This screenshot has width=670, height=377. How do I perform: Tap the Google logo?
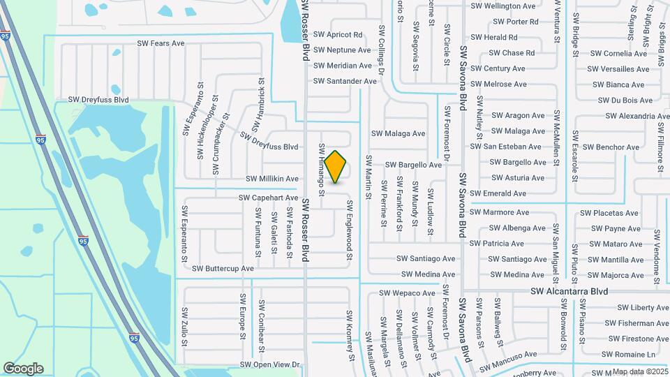[23, 369]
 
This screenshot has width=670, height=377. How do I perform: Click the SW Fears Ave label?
[161, 43]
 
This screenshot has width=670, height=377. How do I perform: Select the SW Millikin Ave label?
[271, 179]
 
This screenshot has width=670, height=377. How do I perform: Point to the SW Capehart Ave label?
[268, 198]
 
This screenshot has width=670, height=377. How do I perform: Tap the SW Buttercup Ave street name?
[223, 268]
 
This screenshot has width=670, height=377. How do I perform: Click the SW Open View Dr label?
[269, 364]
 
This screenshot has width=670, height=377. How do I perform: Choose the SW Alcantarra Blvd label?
[569, 291]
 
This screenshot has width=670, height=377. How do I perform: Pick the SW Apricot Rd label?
[338, 34]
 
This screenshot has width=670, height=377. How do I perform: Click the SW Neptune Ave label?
[342, 50]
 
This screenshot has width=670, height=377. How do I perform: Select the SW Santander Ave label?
[345, 81]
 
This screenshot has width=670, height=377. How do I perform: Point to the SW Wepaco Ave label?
[407, 293]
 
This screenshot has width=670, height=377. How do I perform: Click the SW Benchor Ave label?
[611, 147]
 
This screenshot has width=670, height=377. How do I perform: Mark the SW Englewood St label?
[350, 231]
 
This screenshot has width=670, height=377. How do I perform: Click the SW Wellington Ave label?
[503, 6]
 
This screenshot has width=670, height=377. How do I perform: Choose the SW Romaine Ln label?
[631, 355]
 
